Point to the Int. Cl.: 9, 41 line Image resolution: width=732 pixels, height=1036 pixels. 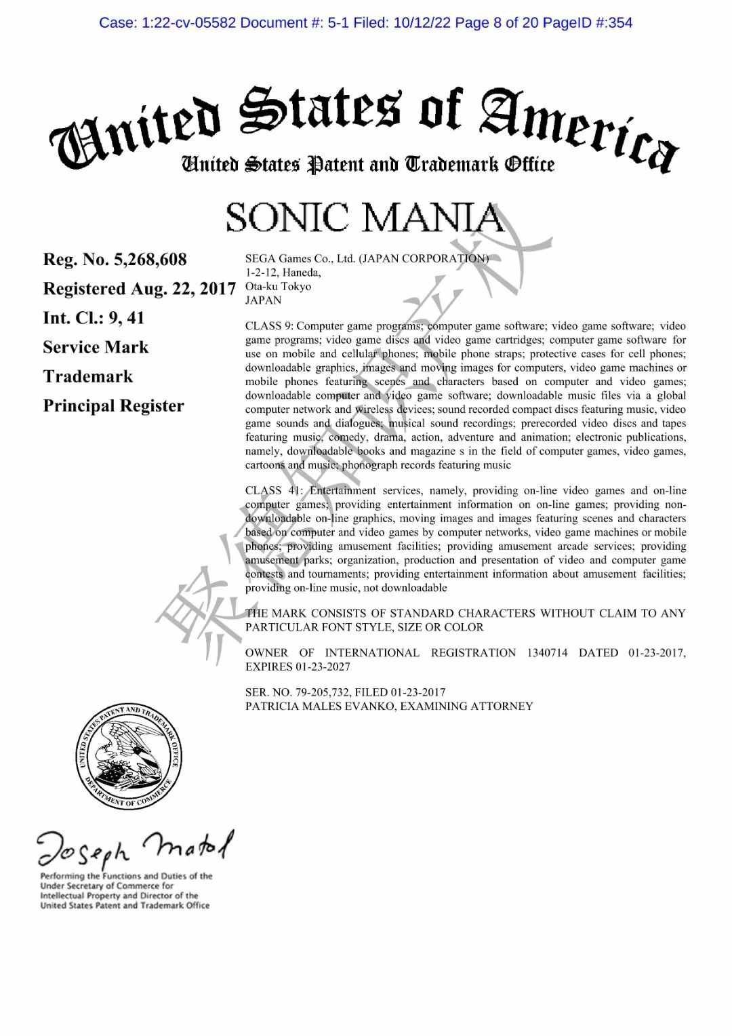pos(94,318)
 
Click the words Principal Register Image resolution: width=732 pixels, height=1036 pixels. pos(113,406)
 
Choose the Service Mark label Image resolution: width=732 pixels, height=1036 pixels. pos(96,347)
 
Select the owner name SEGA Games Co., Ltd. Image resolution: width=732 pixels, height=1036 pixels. pos(301,258)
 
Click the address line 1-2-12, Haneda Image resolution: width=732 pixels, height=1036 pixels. pos(283,273)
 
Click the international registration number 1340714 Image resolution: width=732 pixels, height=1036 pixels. pos(547,653)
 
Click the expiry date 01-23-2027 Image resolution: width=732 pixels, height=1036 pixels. pos(323,667)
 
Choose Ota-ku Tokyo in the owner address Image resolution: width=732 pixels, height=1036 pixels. pos(278,286)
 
